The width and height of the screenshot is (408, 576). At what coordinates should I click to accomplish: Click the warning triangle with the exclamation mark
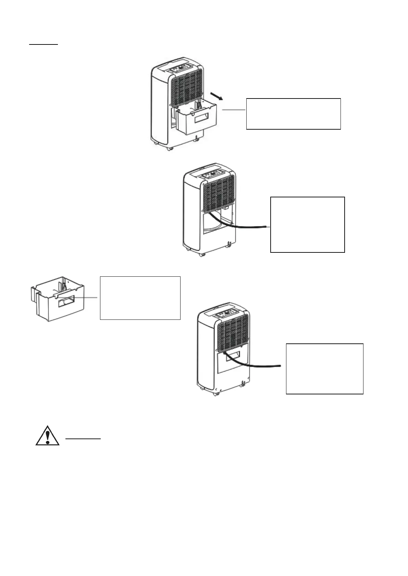click(48, 435)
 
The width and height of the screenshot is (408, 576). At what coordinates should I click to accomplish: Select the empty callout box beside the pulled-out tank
click(293, 114)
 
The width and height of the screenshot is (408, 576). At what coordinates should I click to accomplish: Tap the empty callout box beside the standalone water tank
click(140, 298)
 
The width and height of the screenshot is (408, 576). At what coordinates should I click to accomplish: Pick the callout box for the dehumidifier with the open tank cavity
click(307, 224)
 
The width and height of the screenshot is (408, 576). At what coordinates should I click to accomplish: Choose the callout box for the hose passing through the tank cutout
click(324, 369)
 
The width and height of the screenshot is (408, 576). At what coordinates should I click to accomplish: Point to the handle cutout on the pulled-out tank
click(199, 119)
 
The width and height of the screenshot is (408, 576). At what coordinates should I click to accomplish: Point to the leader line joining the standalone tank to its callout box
click(86, 298)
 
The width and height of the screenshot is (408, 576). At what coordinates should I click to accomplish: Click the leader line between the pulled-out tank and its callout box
click(234, 110)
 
